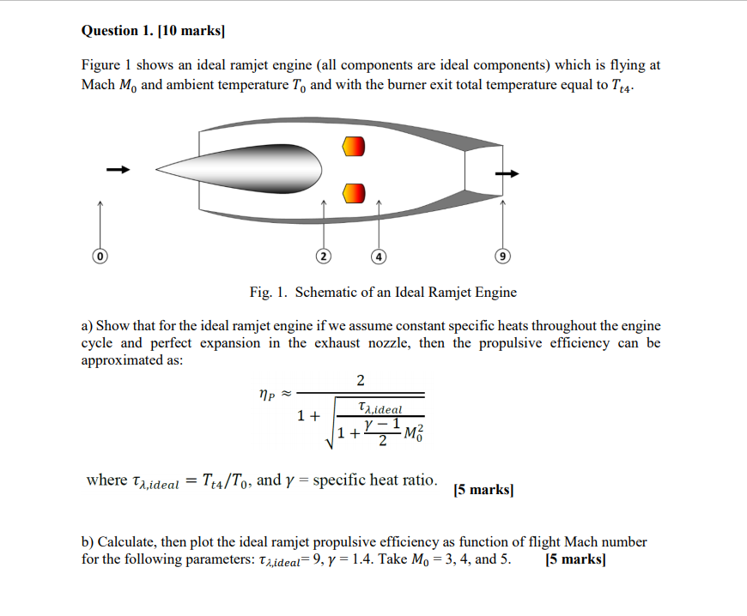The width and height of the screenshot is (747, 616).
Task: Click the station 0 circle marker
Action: (100, 256)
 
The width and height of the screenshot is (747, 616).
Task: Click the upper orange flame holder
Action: (353, 147)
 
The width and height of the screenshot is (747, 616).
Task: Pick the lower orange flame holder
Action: (353, 193)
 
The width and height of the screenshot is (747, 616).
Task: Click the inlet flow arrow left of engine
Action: (118, 169)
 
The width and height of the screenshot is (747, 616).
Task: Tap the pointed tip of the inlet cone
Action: (156, 169)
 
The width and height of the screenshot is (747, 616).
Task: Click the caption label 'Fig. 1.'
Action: (269, 293)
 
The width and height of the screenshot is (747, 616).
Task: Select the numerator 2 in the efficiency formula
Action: (360, 380)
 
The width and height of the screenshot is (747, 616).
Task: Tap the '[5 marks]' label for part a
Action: (483, 490)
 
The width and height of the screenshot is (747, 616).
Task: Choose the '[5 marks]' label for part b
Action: (575, 560)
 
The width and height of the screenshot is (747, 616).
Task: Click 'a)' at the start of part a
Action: (87, 325)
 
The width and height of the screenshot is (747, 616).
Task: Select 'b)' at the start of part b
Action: (88, 542)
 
